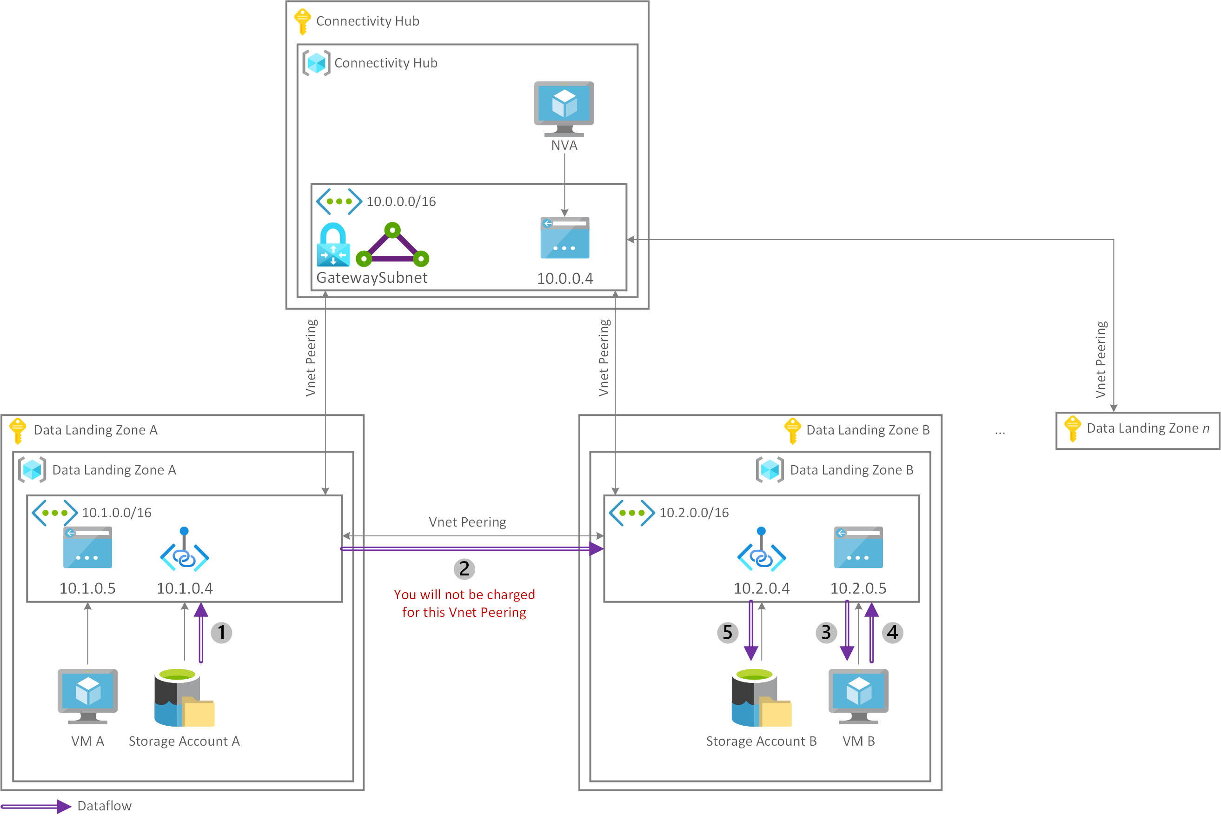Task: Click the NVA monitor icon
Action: tap(564, 107)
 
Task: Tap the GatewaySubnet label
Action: tap(372, 277)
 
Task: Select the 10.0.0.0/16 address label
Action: tap(401, 202)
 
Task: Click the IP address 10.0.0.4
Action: tap(564, 278)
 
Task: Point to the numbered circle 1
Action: tap(222, 632)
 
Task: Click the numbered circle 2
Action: tap(464, 569)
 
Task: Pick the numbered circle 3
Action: tap(826, 632)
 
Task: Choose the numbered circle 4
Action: tap(892, 632)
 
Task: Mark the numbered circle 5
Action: tap(728, 632)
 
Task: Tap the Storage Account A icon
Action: tap(184, 698)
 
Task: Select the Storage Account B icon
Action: tap(761, 698)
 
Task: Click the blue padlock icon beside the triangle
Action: tap(333, 245)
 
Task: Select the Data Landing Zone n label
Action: tap(1148, 428)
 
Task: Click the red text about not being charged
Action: tap(464, 603)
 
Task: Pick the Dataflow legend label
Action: tap(104, 806)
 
